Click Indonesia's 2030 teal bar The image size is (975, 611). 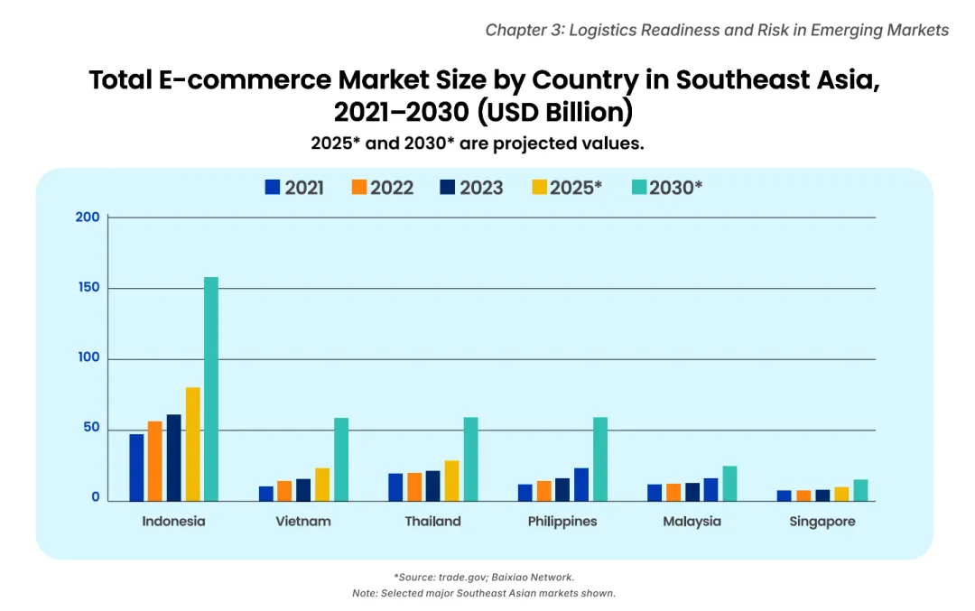coord(211,388)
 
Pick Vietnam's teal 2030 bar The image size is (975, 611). coord(340,458)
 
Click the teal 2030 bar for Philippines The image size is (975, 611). coord(600,458)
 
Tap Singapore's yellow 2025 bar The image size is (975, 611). coord(841,494)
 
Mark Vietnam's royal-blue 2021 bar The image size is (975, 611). coord(266,494)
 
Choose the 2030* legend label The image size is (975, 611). coord(676,188)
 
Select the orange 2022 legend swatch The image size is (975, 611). coord(359,187)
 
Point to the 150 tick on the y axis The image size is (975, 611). coord(88,288)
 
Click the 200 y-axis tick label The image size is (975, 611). coord(88,217)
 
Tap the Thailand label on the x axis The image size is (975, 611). coord(432,522)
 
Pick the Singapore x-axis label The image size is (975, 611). coord(822,522)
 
